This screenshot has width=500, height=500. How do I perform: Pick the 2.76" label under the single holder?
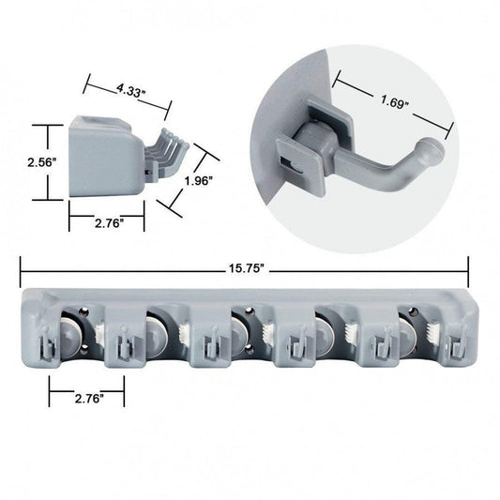[106, 225]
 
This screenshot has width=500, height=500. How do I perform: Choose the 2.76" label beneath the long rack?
[86, 398]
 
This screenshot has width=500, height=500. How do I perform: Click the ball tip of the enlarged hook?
[431, 149]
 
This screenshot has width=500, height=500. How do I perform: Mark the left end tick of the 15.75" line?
[21, 268]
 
